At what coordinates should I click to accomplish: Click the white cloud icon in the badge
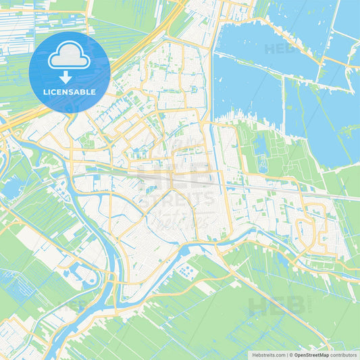tap(70, 55)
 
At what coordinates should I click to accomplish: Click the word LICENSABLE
tap(70, 91)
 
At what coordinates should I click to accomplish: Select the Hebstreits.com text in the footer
tap(265, 354)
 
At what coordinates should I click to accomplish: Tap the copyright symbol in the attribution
tap(291, 354)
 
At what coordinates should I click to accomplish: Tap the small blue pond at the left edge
tap(11, 188)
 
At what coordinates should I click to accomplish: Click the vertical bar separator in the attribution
tap(286, 354)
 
